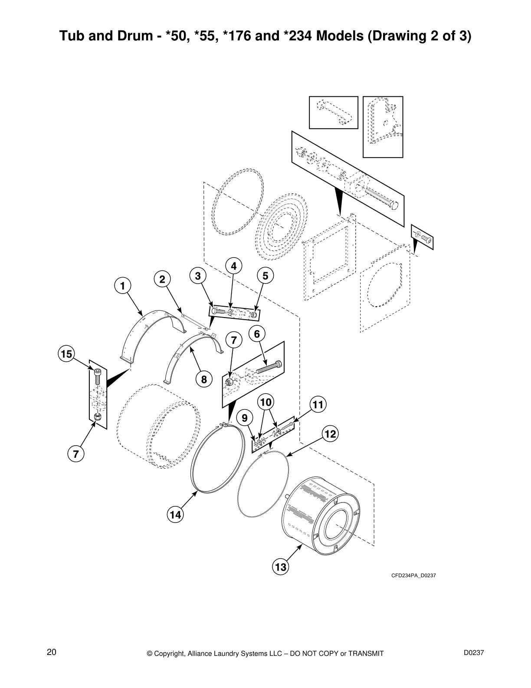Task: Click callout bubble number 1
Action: point(122,286)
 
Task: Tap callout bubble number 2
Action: point(162,280)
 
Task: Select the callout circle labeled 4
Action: point(233,266)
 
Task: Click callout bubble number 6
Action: point(257,334)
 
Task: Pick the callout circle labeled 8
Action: point(203,380)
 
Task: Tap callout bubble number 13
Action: point(281,567)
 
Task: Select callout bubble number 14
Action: point(175,515)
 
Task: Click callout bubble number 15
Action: point(66,354)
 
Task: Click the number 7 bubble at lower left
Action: point(75,454)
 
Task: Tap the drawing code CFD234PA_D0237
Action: point(413,576)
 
